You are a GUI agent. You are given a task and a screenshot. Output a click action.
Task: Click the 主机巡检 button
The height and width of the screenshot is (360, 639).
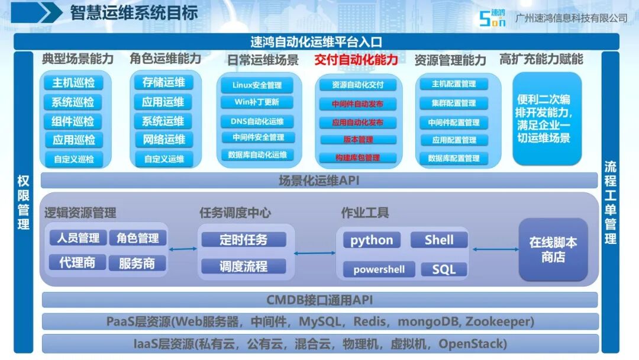pos(73,83)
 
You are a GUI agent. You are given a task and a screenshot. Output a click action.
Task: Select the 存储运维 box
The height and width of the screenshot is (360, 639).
pos(163,82)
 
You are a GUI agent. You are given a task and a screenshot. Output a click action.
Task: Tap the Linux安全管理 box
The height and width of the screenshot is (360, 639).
pos(257,85)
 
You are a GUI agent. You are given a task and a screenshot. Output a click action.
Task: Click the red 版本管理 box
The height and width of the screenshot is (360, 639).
pos(358,139)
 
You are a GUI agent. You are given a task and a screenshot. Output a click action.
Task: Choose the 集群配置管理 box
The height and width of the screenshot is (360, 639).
pos(454,103)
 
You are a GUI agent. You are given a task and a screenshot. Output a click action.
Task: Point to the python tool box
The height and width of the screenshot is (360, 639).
pos(372,240)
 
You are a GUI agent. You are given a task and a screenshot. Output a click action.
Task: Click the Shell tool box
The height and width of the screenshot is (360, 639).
pos(439,240)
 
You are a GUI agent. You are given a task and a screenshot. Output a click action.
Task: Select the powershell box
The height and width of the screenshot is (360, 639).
pos(379,269)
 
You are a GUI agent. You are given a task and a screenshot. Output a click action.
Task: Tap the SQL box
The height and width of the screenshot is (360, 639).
pos(444,269)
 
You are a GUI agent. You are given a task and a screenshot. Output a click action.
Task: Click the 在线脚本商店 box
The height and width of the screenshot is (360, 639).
pos(553,249)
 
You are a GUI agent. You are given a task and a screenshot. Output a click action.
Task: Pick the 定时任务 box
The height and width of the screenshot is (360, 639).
pos(244,240)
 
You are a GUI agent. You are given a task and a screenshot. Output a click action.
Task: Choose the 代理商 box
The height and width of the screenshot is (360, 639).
pos(78,262)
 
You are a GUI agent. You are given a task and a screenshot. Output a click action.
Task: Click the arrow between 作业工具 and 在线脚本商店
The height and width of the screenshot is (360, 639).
pos(496,249)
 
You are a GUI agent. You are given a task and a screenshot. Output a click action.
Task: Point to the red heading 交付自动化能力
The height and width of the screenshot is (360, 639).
pos(356,60)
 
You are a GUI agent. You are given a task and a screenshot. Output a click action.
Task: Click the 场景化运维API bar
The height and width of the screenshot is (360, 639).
pos(319,180)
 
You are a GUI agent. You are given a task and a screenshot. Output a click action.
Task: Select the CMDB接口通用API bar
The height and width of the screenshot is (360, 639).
pos(319,300)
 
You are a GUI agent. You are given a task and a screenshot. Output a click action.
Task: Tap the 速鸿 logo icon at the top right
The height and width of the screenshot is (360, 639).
pos(492,18)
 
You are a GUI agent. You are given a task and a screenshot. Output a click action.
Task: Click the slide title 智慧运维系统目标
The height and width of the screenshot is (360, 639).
pos(134,12)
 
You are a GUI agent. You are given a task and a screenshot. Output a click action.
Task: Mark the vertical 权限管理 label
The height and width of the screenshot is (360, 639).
pos(23,202)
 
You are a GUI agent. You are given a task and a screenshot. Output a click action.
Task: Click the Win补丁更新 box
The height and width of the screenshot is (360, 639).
pos(257,102)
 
